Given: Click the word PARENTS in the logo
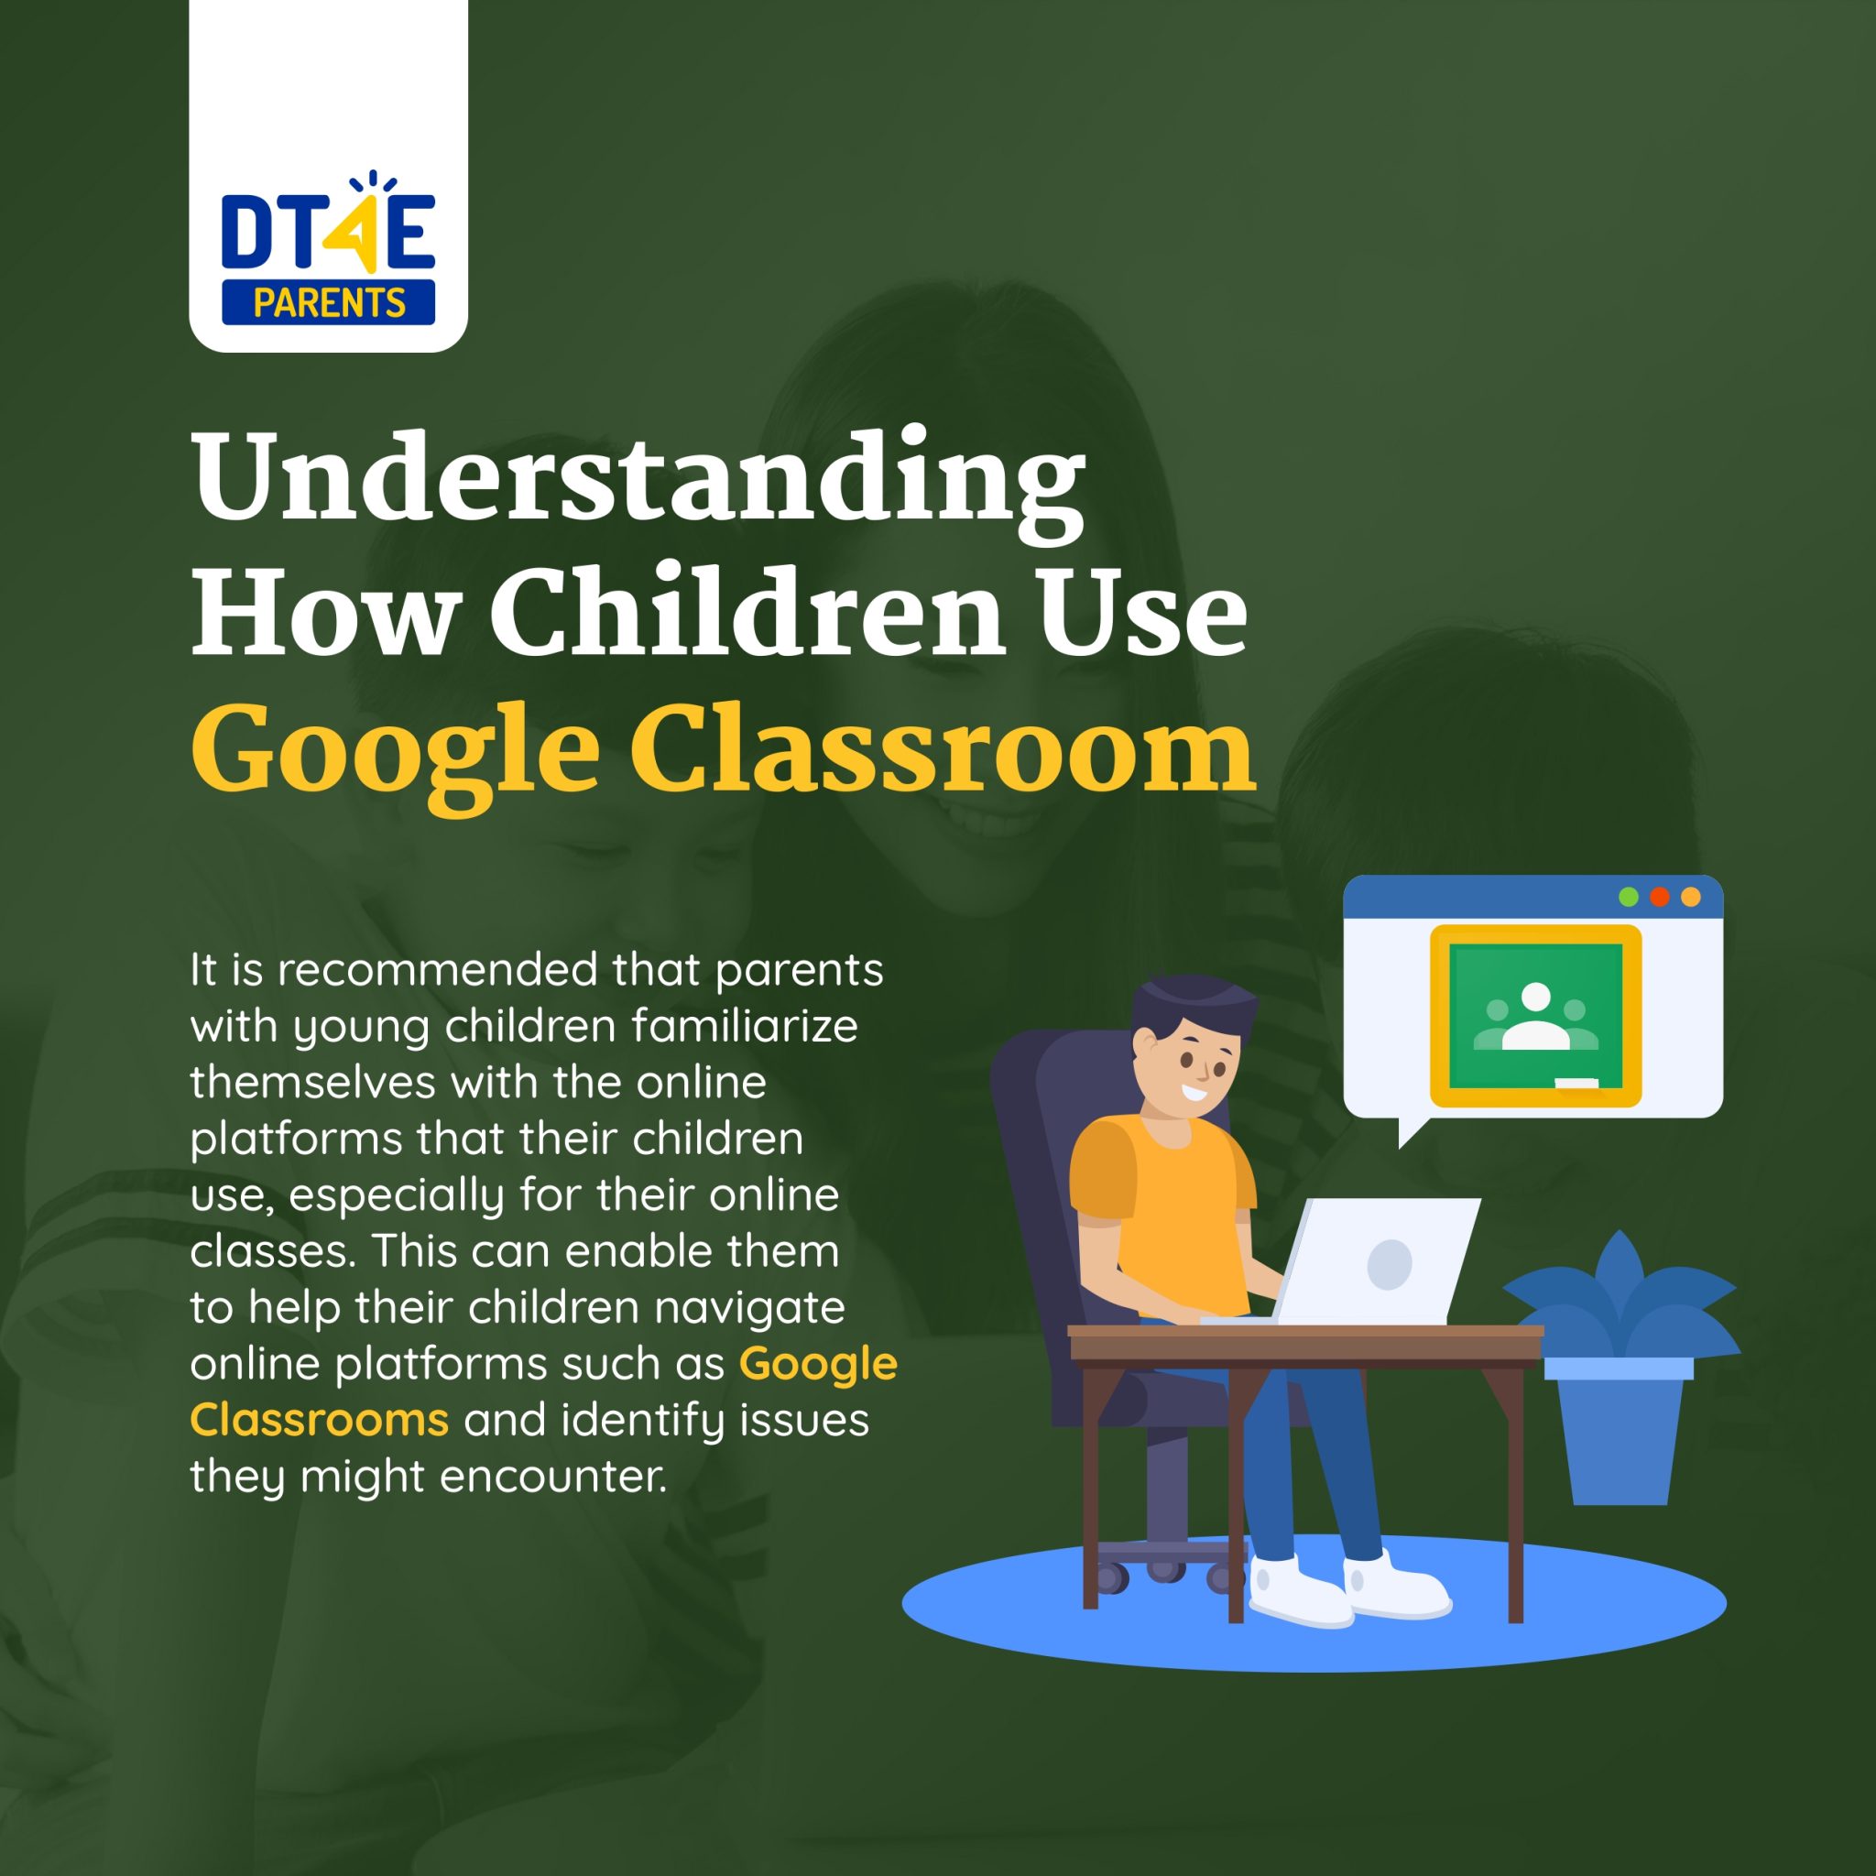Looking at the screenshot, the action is (329, 303).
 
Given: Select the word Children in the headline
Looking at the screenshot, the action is (746, 612).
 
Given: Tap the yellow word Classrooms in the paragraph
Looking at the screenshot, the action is (320, 1420).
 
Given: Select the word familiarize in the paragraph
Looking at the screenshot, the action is (745, 1025).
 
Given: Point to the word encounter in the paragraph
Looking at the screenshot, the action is (552, 1477).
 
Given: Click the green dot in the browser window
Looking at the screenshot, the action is (1629, 897).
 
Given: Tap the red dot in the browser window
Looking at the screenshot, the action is (1660, 897).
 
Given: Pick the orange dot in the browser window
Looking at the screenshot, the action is (1691, 897).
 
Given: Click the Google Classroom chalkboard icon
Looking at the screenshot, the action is (1535, 1016).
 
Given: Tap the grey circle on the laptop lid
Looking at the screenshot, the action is (1389, 1264).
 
